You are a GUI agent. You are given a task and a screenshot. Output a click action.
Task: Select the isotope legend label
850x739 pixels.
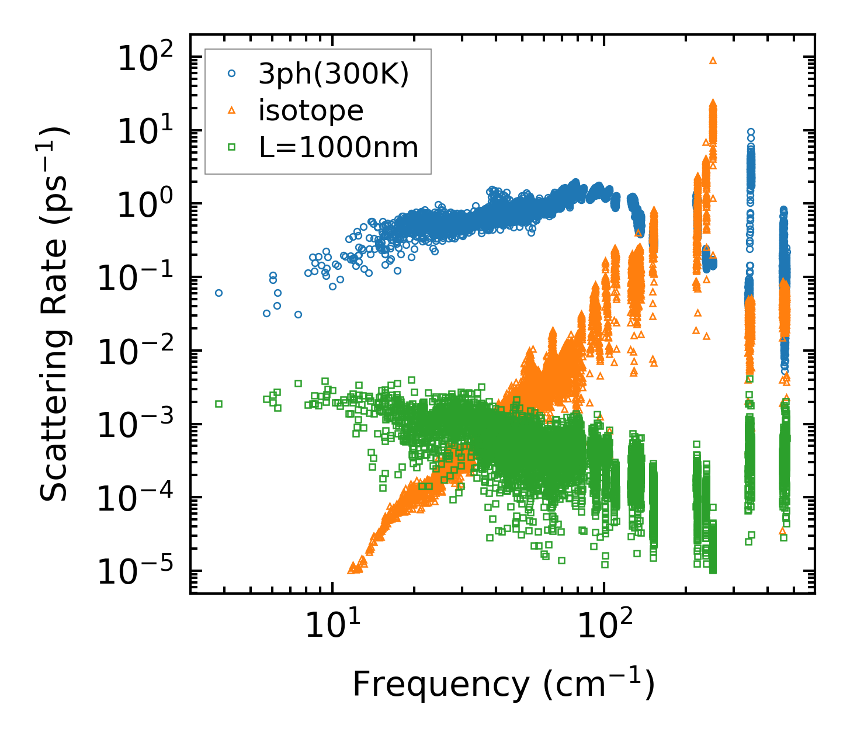[311, 110]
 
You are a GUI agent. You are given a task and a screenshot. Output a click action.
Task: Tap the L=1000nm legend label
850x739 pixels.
[339, 147]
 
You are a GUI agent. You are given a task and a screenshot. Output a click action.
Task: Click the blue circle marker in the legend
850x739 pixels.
[232, 74]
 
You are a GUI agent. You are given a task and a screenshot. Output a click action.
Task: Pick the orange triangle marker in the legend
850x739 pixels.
[232, 110]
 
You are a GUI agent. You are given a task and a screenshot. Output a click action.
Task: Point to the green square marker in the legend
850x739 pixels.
[232, 147]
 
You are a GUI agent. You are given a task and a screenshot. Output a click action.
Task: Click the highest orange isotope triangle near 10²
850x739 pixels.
[713, 60]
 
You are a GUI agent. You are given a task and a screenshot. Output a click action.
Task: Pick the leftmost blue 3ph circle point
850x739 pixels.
[218, 293]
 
